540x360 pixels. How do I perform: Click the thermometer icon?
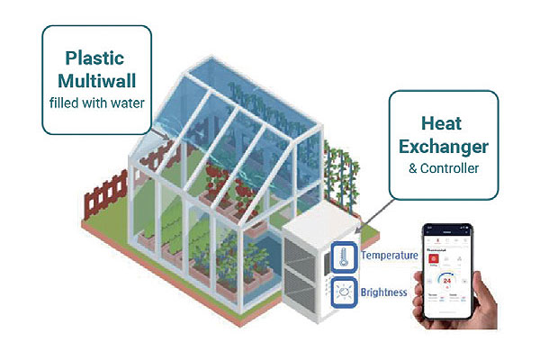point(343,256)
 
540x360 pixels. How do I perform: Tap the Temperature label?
point(390,256)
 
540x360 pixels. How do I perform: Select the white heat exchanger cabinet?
point(306,270)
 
